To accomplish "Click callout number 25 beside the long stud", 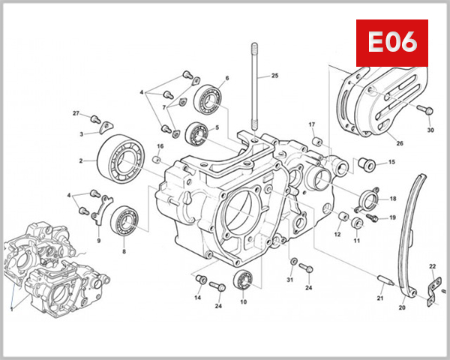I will point(274,76).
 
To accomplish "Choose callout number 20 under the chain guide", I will point(401,307).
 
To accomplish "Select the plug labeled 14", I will point(200,280).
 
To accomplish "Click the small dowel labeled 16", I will point(157,159).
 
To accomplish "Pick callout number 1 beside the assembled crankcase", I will point(12,307).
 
